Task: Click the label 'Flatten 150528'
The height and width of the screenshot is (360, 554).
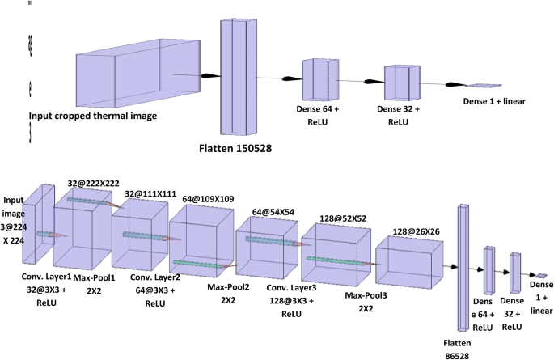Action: pyautogui.click(x=243, y=149)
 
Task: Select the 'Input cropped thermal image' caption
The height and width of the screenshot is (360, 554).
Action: pyautogui.click(x=93, y=116)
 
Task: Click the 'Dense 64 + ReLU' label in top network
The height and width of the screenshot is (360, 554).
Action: pyautogui.click(x=322, y=113)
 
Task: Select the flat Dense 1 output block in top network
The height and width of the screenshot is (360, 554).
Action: pyautogui.click(x=484, y=85)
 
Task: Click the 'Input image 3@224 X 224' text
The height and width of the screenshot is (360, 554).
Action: pyautogui.click(x=15, y=217)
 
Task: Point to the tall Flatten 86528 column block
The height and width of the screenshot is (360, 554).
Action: pyautogui.click(x=463, y=267)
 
